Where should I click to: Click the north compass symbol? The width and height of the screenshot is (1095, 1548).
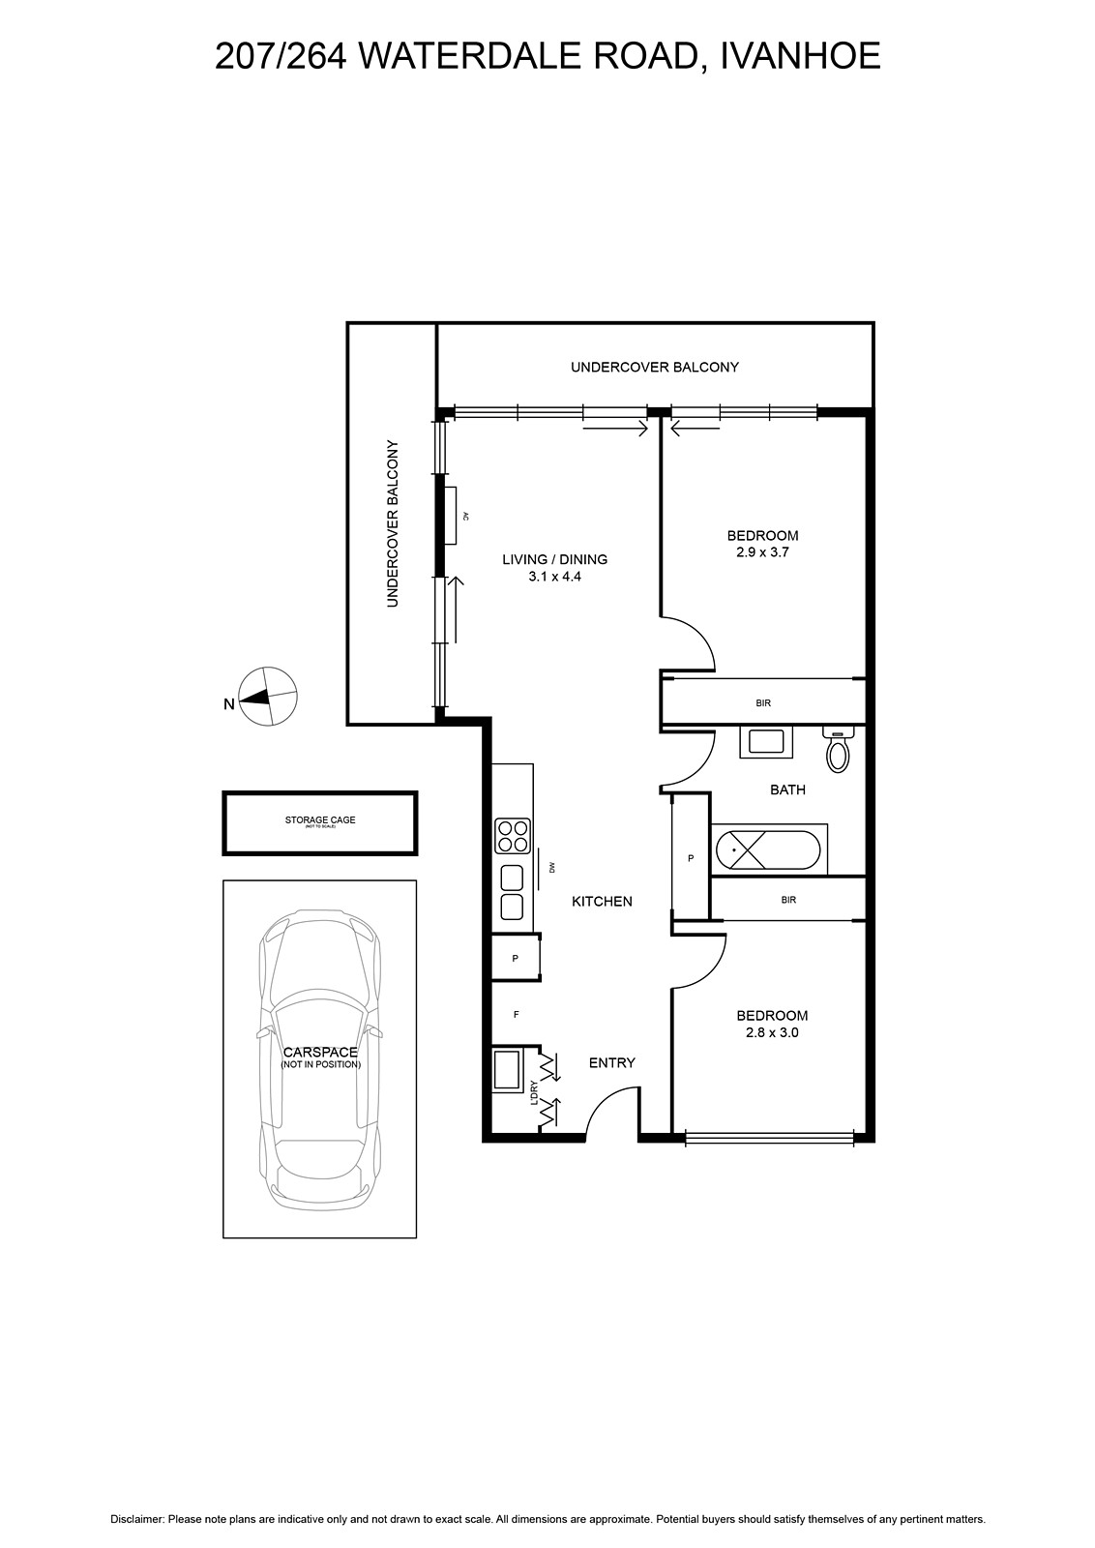point(268,697)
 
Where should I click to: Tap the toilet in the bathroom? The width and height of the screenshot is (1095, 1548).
point(838,749)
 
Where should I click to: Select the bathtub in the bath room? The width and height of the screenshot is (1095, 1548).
point(768,849)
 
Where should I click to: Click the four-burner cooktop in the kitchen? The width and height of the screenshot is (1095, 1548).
point(512,836)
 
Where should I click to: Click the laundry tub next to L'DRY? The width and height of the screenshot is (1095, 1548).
point(507,1070)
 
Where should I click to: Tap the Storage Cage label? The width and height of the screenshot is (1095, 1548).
point(320,820)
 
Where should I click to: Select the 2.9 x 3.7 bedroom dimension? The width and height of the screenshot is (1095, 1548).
point(762,552)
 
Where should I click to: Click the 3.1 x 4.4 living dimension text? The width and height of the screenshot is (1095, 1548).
point(554,577)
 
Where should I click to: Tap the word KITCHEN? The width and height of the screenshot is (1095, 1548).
point(602,901)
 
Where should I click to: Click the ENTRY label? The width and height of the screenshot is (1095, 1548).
point(611,1063)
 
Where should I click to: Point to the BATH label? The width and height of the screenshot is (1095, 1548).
point(787,789)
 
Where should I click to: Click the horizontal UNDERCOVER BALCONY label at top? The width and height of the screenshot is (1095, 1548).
point(654,367)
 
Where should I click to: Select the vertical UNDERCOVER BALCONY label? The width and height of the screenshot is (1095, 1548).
point(393,523)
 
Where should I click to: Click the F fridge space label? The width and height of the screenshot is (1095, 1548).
point(516,1015)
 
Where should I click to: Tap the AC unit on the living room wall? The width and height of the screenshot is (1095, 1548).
point(451,516)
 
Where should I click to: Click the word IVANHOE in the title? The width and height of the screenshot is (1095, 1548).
point(801,56)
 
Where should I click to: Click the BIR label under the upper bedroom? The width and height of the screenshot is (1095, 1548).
point(762,702)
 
